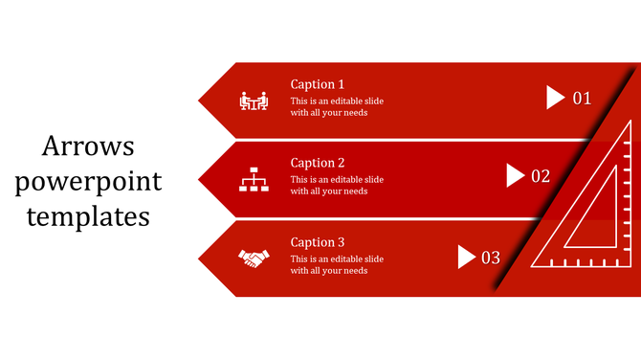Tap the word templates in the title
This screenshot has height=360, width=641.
point(88,215)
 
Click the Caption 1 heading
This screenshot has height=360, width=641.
point(318,84)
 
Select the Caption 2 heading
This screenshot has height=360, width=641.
point(318,163)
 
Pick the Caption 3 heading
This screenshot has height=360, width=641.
point(318,242)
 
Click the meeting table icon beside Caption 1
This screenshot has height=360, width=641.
point(254,100)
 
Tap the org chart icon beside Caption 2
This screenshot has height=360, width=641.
point(254,179)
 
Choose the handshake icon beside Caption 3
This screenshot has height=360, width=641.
point(254,259)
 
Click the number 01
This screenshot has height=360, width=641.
point(582,98)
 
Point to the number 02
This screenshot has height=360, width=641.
point(541,176)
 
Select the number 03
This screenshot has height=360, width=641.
point(491,258)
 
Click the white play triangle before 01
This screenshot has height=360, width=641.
point(556,97)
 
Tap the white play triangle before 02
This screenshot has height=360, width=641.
point(515,175)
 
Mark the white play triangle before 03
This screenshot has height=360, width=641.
point(467,257)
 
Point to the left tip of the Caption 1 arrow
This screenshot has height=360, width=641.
point(201,100)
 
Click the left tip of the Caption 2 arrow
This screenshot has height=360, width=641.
point(201,179)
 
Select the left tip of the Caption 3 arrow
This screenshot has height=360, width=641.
point(201,259)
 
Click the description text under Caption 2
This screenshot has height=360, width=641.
point(337,185)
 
